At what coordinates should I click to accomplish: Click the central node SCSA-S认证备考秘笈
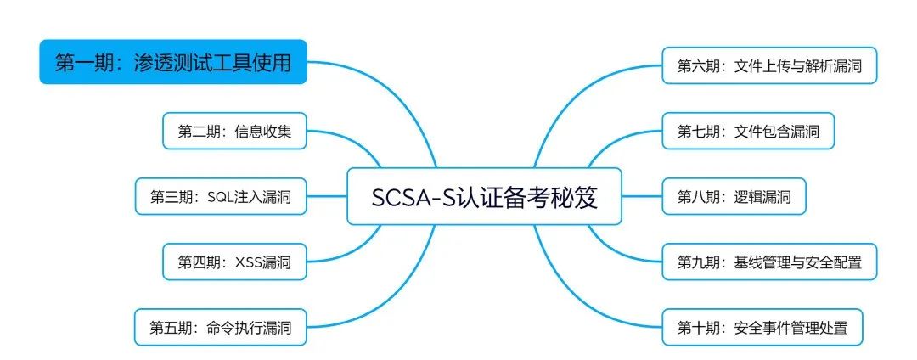pos(484,197)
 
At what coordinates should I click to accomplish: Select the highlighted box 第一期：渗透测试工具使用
pos(172,62)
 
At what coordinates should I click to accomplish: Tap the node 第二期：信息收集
pos(233,131)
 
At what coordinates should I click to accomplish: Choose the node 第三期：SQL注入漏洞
pos(220,197)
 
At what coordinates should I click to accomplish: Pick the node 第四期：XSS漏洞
pos(233,262)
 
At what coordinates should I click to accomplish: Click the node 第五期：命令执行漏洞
pos(220,328)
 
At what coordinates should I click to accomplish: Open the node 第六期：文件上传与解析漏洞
pos(769,65)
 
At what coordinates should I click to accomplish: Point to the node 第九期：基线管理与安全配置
pos(769,262)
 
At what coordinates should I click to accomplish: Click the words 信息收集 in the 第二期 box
pos(263,131)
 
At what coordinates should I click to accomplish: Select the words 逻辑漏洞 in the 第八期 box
pos(762,197)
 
